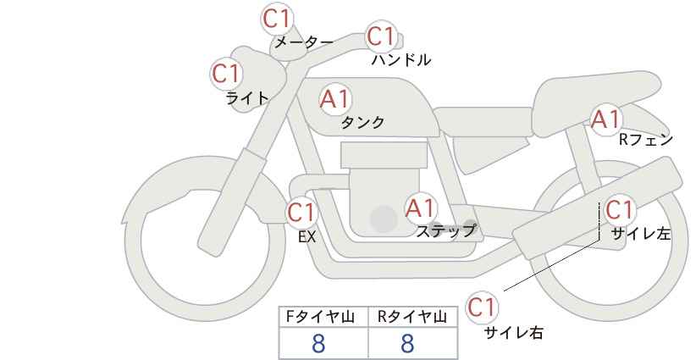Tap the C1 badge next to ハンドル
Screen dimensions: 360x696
[x=381, y=36]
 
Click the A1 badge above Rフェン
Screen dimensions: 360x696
[x=606, y=119]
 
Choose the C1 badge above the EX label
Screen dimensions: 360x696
[x=301, y=211]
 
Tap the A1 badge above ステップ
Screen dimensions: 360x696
[x=420, y=208]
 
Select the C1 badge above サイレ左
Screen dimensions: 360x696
[x=619, y=209]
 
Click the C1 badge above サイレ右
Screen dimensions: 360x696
[x=483, y=307]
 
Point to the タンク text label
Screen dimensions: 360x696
[x=362, y=123]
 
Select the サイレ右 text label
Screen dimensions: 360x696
[x=513, y=333]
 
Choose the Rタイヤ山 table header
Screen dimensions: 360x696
[x=412, y=318]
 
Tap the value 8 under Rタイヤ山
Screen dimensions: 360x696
[x=407, y=343]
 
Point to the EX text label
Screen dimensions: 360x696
[x=307, y=237]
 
